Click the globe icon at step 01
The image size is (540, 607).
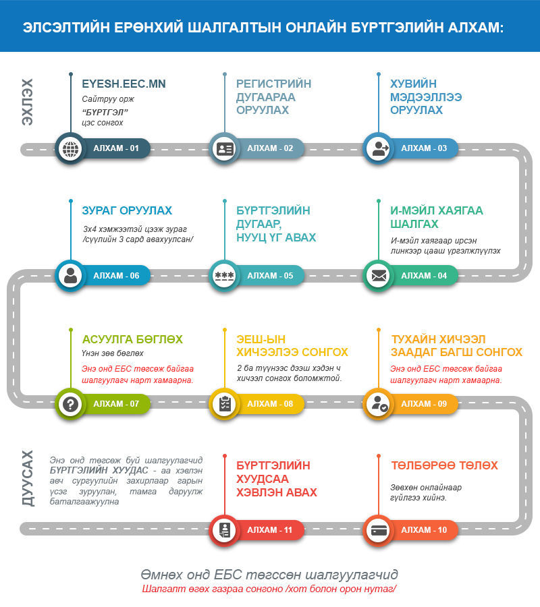point(70,148)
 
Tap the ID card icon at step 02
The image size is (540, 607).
point(224,148)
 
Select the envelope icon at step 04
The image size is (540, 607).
point(379,276)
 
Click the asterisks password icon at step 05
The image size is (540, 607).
point(224,276)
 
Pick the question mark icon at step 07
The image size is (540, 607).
point(70,404)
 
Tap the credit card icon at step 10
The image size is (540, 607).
point(379,530)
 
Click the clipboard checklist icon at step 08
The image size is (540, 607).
point(224,404)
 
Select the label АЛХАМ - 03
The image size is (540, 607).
point(424,148)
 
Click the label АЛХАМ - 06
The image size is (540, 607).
point(116,276)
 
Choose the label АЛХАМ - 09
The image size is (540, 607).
point(424,404)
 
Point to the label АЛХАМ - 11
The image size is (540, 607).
point(269,530)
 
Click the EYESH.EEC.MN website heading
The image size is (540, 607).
point(124,84)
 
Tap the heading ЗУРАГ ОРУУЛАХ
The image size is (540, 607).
point(127,210)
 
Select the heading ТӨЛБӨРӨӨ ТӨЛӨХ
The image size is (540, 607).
point(444,465)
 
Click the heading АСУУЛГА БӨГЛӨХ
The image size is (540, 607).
point(132,339)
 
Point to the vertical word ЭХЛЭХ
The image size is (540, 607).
point(27,102)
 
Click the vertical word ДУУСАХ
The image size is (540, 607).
point(28,478)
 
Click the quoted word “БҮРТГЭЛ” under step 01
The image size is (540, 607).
point(105,112)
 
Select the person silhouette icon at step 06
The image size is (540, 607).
point(70,276)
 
